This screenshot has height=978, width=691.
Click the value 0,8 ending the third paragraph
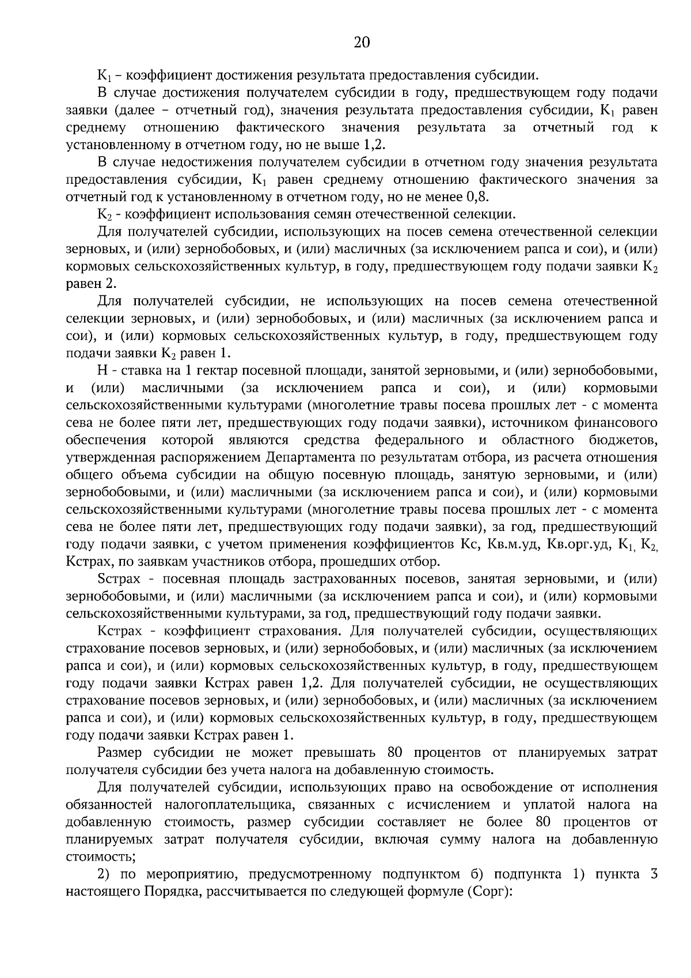click(x=477, y=197)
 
